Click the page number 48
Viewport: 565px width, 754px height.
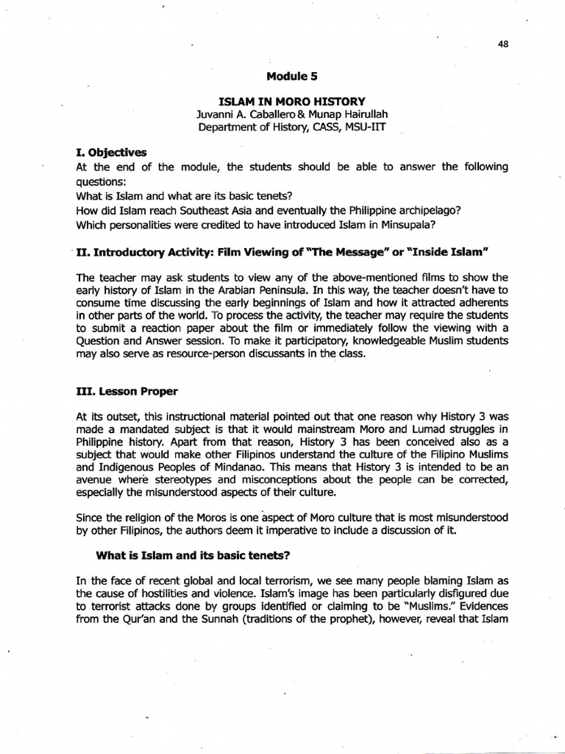[503, 44]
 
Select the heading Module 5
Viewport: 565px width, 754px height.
[293, 76]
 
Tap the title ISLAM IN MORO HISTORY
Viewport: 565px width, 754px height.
[294, 101]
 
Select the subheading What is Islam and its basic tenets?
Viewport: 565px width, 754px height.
[197, 554]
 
